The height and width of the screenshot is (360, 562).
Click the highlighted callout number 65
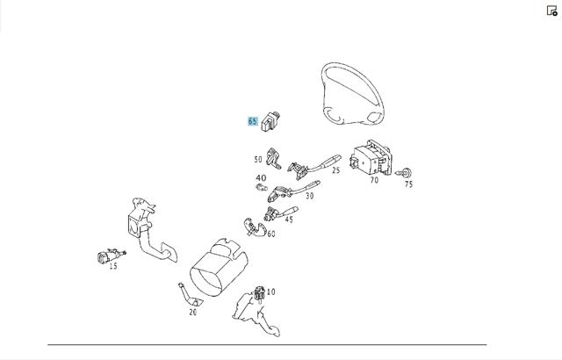coord(253,121)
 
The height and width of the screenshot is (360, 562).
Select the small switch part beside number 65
coord(270,122)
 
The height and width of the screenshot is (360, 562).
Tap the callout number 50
coord(258,160)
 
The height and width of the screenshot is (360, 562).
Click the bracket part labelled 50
coord(273,158)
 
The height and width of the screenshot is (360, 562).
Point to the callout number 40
coord(261,177)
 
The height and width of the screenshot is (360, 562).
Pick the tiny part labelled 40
coord(262,187)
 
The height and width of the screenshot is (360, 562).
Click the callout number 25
coord(335,170)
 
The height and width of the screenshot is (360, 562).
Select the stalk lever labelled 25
coord(314,167)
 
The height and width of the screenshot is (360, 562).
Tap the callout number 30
coord(310,196)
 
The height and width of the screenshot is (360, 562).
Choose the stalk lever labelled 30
coord(293,191)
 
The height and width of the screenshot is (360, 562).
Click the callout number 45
coord(289,220)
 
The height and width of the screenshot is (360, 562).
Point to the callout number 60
coord(271,234)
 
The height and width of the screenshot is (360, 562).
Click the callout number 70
coord(374,180)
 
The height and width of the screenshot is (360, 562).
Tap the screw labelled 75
coord(404,173)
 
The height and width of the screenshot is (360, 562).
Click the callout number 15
coord(113,266)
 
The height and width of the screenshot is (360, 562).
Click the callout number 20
coord(193,313)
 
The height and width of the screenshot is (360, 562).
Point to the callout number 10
coord(271,292)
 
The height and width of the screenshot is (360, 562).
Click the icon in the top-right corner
coord(552,11)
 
